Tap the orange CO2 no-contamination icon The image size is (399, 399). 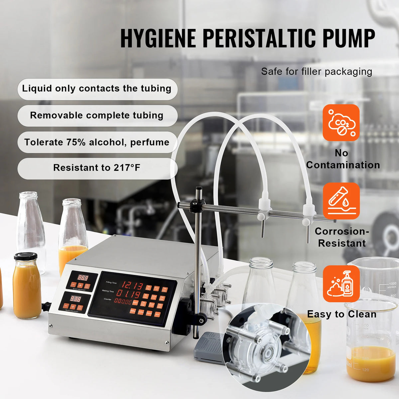pyautogui.click(x=341, y=123)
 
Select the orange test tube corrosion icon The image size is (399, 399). pyautogui.click(x=341, y=201)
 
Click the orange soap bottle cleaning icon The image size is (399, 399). pyautogui.click(x=341, y=284)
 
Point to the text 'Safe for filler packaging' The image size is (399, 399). pyautogui.click(x=317, y=71)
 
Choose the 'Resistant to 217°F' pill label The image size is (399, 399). pyautogui.click(x=97, y=168)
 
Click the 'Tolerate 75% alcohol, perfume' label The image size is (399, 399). pyautogui.click(x=97, y=142)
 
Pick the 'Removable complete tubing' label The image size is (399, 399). pyautogui.click(x=97, y=115)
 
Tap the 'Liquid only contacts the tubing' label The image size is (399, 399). pyautogui.click(x=97, y=89)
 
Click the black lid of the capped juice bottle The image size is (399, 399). pyautogui.click(x=25, y=256)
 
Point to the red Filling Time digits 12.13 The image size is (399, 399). pyautogui.click(x=132, y=285)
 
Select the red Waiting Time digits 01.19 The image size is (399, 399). pyautogui.click(x=128, y=294)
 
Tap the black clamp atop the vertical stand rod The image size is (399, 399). pyautogui.click(x=197, y=205)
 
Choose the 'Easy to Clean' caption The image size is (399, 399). pyautogui.click(x=341, y=314)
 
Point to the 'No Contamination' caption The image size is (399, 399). pyautogui.click(x=342, y=159)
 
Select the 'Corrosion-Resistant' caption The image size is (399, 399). pyautogui.click(x=342, y=237)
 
